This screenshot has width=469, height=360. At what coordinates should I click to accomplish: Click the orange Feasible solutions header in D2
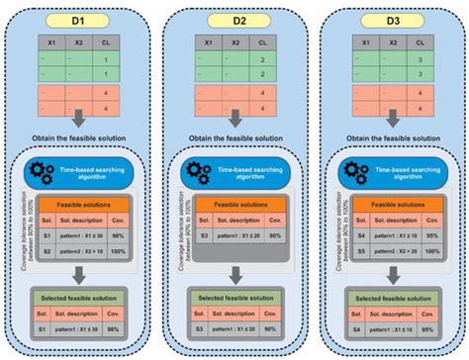click(x=239, y=201)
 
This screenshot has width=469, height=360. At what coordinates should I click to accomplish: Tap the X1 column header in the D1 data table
click(x=46, y=43)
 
